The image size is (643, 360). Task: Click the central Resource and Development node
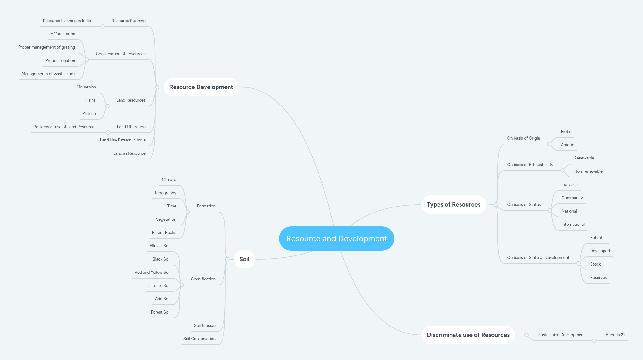[x=336, y=238]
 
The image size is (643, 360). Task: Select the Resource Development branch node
[x=201, y=87]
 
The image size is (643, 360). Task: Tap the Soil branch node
[x=244, y=259]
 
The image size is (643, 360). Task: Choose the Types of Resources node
[x=453, y=205]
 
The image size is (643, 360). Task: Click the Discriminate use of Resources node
[x=468, y=335]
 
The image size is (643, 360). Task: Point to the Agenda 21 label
[x=615, y=335]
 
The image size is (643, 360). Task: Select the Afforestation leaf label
[x=63, y=34]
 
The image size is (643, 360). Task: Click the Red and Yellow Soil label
[x=152, y=273]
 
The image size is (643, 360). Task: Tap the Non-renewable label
[x=588, y=171]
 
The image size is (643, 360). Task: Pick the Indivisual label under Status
[x=570, y=185]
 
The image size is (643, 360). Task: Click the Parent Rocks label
[x=164, y=233]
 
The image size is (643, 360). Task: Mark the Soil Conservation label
[x=199, y=339]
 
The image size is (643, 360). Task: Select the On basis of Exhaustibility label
[x=530, y=165]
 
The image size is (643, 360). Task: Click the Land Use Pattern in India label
[x=123, y=140]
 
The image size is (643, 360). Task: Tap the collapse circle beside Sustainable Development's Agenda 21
[x=594, y=341]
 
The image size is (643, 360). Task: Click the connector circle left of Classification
[x=182, y=285]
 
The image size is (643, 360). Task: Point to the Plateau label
[x=89, y=114]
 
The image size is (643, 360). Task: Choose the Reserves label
[x=598, y=278]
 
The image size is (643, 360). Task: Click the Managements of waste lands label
[x=49, y=74]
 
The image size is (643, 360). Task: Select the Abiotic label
[x=567, y=145]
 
